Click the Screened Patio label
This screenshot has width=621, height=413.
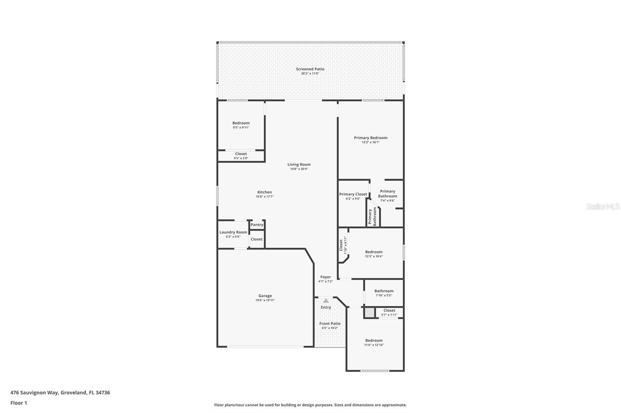310,69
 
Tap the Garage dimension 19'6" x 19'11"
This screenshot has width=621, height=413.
265,300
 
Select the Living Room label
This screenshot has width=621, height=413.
299,164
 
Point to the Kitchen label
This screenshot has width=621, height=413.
264,192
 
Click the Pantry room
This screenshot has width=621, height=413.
257,225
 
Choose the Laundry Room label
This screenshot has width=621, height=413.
233,232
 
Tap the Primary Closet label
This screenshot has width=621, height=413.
353,194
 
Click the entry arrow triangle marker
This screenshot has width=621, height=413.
326,301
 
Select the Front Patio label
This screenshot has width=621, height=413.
330,324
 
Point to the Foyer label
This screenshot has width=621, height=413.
325,277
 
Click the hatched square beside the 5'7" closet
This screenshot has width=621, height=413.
369,313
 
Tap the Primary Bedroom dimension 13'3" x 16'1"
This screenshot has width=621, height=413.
371,142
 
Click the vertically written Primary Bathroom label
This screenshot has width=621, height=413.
372,217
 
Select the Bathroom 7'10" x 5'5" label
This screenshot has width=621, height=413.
383,291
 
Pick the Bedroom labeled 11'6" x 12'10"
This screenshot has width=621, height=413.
373,341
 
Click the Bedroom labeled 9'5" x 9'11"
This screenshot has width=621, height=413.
241,123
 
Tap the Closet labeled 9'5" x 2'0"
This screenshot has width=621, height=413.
241,154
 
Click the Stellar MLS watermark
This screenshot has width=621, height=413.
602,207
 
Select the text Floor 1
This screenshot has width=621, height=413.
19,403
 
